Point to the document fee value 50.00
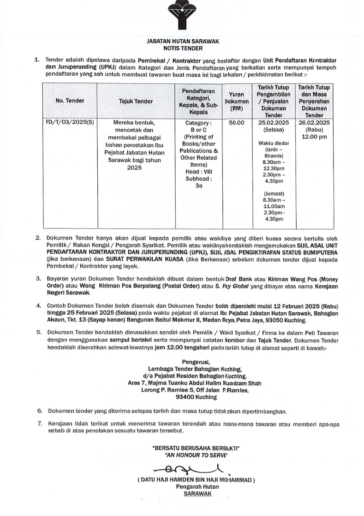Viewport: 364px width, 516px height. tap(237, 123)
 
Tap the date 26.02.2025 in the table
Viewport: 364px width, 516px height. tap(314, 123)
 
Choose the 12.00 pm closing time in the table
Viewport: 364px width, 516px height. tap(314, 137)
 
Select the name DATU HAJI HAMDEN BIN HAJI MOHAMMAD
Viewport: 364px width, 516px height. tap(196, 480)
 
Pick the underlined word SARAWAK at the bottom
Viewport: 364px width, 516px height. tap(196, 493)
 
